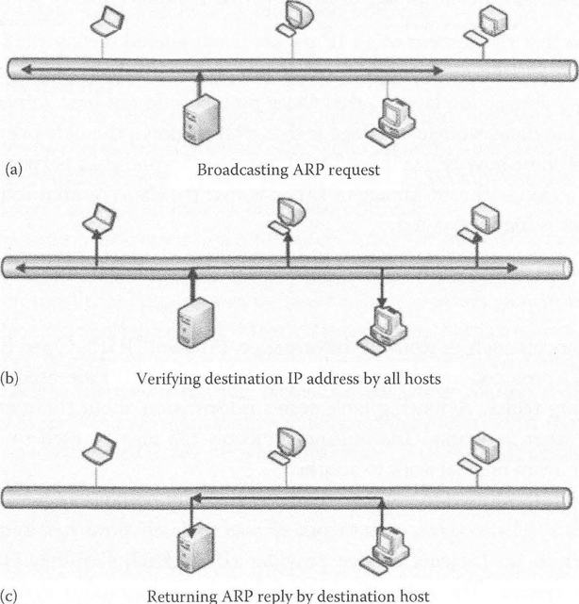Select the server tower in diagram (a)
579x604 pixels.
pyautogui.click(x=201, y=118)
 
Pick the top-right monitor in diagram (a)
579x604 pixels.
pyautogui.click(x=488, y=19)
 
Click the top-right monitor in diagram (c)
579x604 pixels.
pyautogui.click(x=480, y=445)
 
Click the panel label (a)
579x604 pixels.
pyautogui.click(x=13, y=171)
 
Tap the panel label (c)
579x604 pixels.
pyautogui.click(x=12, y=595)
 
